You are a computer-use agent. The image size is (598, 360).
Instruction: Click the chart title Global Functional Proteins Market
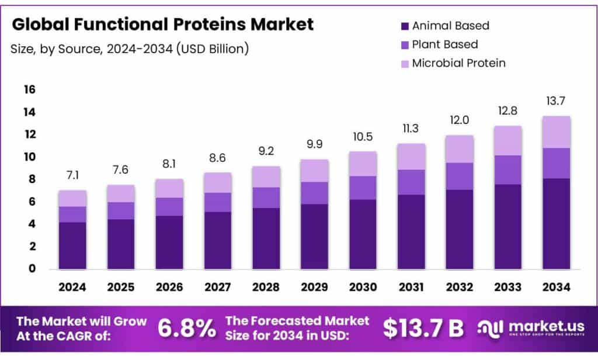[162, 25]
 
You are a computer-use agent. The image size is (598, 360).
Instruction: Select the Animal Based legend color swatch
[404, 26]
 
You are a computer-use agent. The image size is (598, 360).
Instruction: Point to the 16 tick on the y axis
[29, 89]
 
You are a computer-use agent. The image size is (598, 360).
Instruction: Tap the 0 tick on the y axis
[32, 269]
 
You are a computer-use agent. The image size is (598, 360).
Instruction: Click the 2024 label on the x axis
[72, 287]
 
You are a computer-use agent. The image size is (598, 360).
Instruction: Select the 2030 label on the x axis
[363, 287]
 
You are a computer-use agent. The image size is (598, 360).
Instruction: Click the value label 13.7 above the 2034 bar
[556, 102]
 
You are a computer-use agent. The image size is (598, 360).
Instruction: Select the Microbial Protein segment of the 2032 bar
[459, 149]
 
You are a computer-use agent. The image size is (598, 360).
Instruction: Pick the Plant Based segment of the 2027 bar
[218, 202]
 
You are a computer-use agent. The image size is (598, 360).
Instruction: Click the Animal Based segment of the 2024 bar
[72, 245]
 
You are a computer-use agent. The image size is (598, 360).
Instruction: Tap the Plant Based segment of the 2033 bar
[507, 170]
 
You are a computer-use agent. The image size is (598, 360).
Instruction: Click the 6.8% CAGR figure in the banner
[186, 329]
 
